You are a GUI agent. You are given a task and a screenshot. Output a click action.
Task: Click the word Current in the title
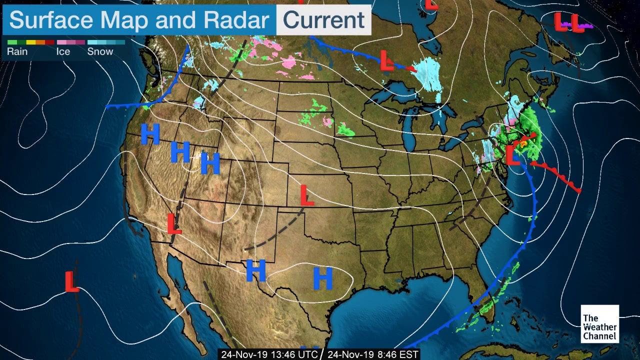[x=323, y=20]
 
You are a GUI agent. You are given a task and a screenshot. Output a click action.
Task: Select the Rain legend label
[x=17, y=51]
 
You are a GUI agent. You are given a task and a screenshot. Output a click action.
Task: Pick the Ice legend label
[x=63, y=51]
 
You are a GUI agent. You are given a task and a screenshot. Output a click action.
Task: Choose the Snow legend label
[x=100, y=51]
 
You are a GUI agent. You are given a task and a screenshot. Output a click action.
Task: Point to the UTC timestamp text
[x=269, y=354]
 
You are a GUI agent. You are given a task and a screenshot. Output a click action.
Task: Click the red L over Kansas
[x=306, y=195]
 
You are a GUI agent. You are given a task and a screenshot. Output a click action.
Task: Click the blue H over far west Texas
[x=255, y=270]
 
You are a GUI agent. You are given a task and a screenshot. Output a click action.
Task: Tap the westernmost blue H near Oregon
[x=149, y=133]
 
